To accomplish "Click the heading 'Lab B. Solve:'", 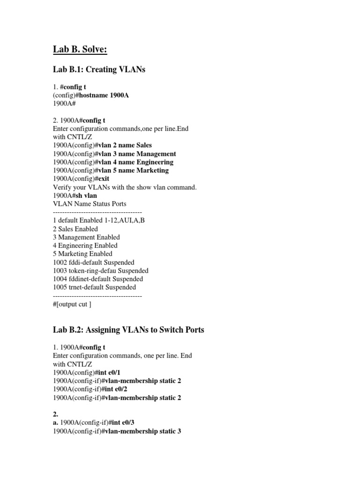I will pyautogui.click(x=83, y=49).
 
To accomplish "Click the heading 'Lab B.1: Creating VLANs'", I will pyautogui.click(x=99, y=70).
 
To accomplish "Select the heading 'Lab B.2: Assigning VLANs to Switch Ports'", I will pyautogui.click(x=128, y=330).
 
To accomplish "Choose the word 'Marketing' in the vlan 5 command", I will pyautogui.click(x=151, y=171).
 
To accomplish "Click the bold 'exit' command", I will pyautogui.click(x=104, y=179).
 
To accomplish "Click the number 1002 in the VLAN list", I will pyautogui.click(x=60, y=262).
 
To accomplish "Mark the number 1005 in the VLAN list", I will pyautogui.click(x=60, y=287).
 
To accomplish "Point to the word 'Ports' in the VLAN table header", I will pyautogui.click(x=117, y=204).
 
